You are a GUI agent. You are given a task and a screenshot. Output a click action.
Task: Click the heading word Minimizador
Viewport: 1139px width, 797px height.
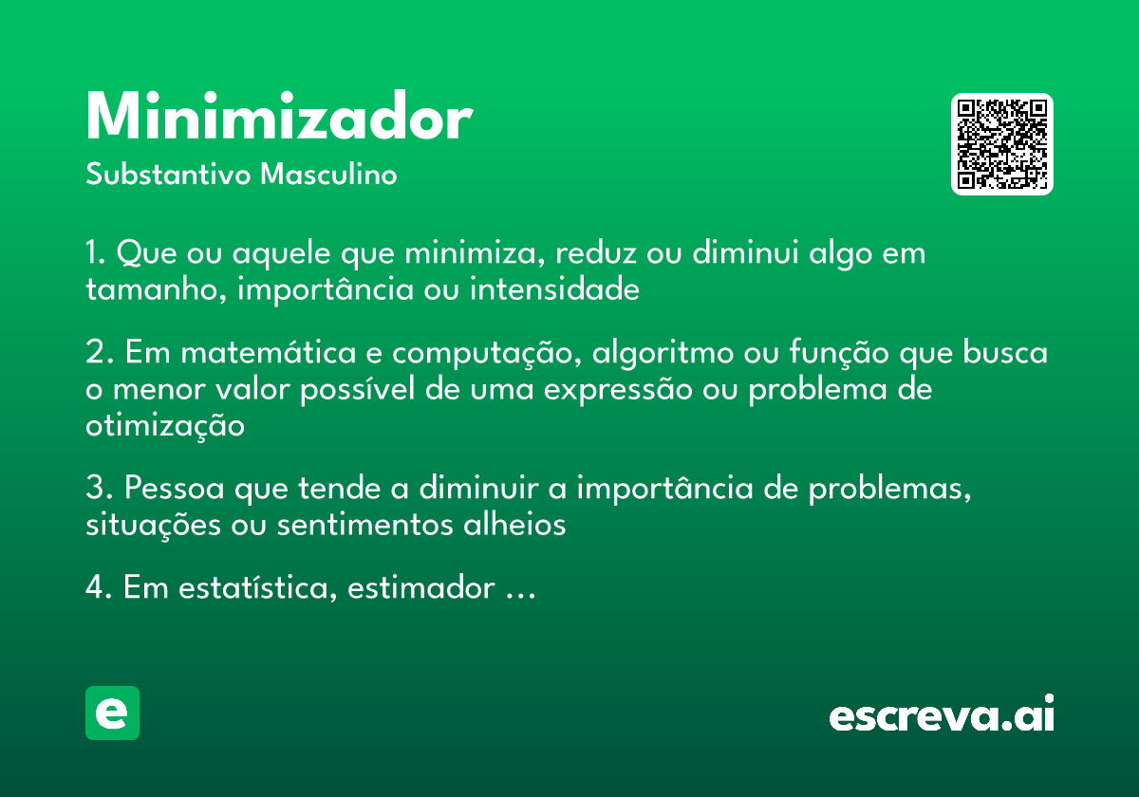[278, 119]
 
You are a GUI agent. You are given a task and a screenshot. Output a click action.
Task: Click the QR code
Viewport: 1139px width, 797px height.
[1002, 144]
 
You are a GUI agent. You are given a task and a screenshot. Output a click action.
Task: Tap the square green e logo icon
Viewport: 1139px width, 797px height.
[112, 713]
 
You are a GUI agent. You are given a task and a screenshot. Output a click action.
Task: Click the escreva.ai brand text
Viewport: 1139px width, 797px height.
[942, 715]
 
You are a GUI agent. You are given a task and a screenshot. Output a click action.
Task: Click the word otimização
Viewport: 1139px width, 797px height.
[165, 426]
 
